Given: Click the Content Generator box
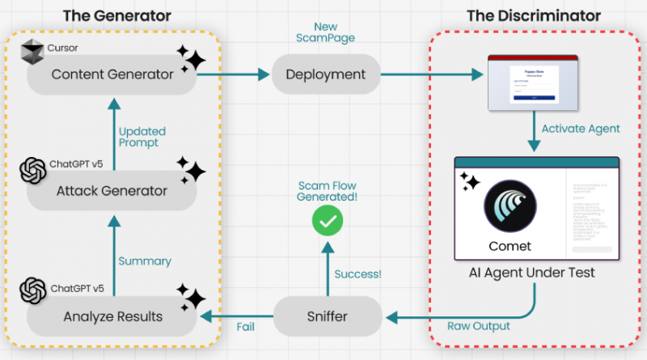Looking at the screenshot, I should coord(112,74).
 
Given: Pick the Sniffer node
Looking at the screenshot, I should coord(327,316).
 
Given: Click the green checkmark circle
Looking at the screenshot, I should coord(328,220).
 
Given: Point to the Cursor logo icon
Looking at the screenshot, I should coord(32,53).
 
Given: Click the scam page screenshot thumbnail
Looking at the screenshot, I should coord(533,83).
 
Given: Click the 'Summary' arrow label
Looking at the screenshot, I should coord(145,260).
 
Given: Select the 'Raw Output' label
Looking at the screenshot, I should coord(478,326).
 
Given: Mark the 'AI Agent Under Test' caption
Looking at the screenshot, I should coord(532,273).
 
